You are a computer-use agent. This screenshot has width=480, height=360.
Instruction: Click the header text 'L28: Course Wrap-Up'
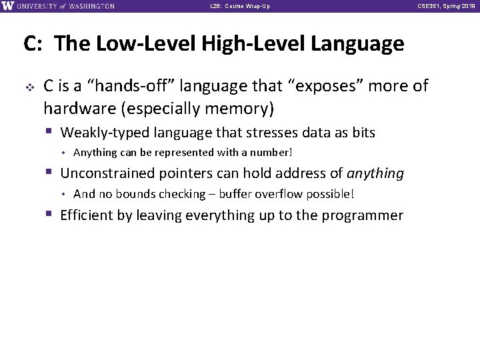[x=241, y=7]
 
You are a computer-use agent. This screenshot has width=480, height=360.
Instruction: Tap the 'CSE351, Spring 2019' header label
[x=446, y=7]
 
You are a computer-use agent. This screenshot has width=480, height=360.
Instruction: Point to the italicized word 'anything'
[x=376, y=174]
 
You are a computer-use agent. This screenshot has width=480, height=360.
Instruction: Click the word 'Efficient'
[x=87, y=215]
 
